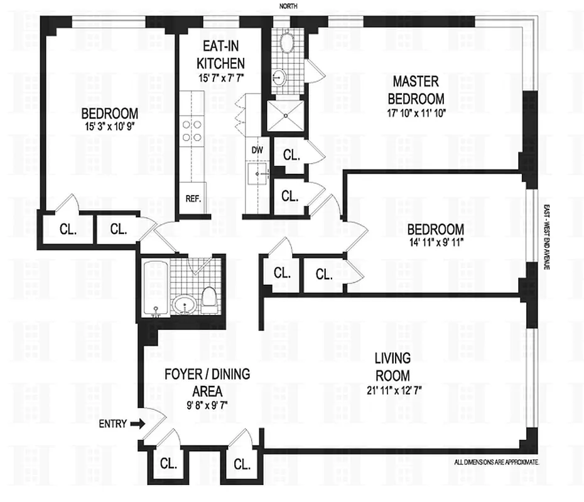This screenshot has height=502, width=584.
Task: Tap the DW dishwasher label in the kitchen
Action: [257, 150]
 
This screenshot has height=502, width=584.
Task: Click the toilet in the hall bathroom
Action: [210, 299]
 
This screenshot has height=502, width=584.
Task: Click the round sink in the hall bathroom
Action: [185, 305]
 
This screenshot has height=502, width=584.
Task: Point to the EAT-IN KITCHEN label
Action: [220, 55]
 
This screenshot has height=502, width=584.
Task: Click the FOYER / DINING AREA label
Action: [198, 382]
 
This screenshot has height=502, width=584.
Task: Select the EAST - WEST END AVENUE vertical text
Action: [547, 238]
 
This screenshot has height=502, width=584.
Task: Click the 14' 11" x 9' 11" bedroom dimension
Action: [435, 243]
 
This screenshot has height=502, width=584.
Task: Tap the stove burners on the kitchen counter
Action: [192, 131]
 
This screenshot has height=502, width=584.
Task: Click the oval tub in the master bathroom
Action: [288, 43]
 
